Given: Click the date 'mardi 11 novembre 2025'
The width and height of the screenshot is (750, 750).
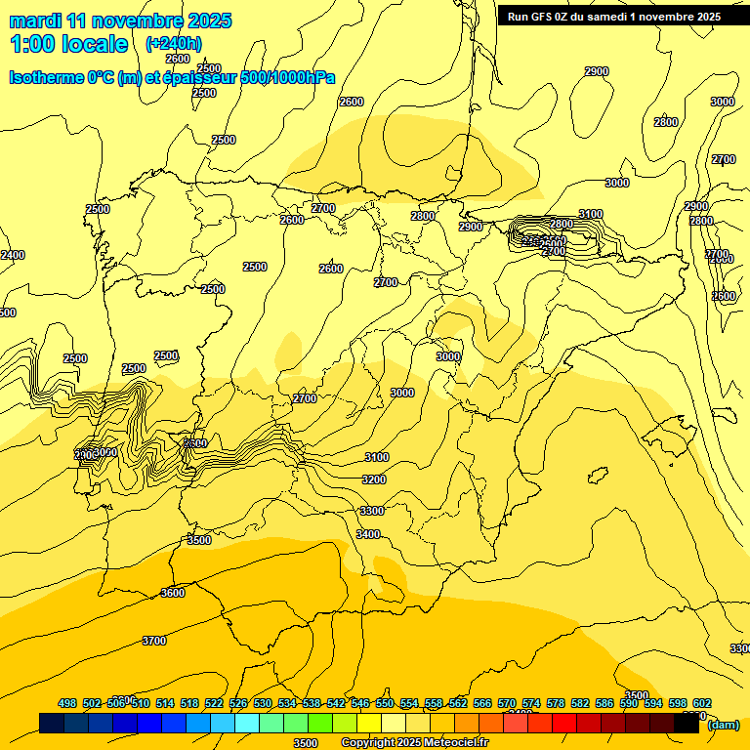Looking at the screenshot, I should point(120,21).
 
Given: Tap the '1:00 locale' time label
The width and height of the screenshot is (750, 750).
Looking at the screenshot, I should point(68,44).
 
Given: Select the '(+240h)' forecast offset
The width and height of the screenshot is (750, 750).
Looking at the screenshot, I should point(174,44).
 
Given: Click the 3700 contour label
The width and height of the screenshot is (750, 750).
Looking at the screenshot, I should point(154,641).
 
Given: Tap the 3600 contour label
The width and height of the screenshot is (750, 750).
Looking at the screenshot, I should point(172,593).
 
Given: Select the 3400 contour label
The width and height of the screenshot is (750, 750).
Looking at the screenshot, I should point(368,534).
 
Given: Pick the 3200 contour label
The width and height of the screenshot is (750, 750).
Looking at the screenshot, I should point(373,479).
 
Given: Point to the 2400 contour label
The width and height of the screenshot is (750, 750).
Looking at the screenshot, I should point(12,255).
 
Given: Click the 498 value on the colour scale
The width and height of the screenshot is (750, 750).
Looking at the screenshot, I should point(67,703).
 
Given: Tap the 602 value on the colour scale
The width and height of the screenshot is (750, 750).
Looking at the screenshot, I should point(702,703).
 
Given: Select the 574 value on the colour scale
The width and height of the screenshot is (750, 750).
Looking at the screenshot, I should point(531,703).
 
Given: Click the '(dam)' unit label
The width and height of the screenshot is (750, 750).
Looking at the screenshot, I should point(722,725).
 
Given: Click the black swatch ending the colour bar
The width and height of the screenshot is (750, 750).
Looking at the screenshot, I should point(687,724).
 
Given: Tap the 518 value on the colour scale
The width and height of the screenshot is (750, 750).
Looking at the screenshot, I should point(189,703).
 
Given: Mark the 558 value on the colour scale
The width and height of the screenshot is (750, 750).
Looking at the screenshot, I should point(434,703).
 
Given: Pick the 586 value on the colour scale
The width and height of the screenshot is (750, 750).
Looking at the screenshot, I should point(604,703).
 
